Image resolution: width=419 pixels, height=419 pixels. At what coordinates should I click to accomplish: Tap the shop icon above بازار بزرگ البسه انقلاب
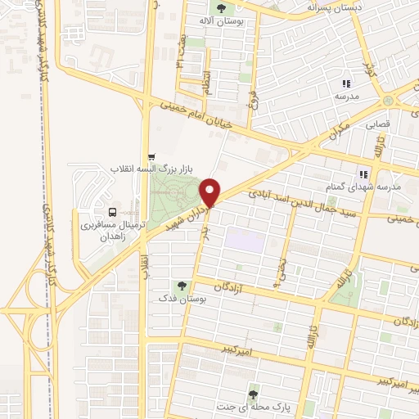151,157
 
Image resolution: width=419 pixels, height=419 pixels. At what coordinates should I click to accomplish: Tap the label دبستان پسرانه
334,7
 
